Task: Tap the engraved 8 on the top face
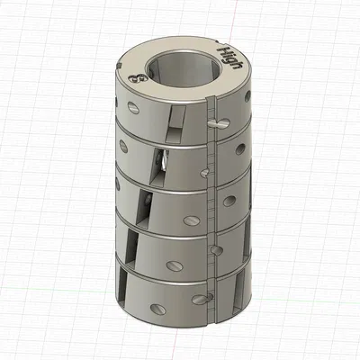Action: coord(137,79)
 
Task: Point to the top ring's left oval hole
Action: coord(134,107)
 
